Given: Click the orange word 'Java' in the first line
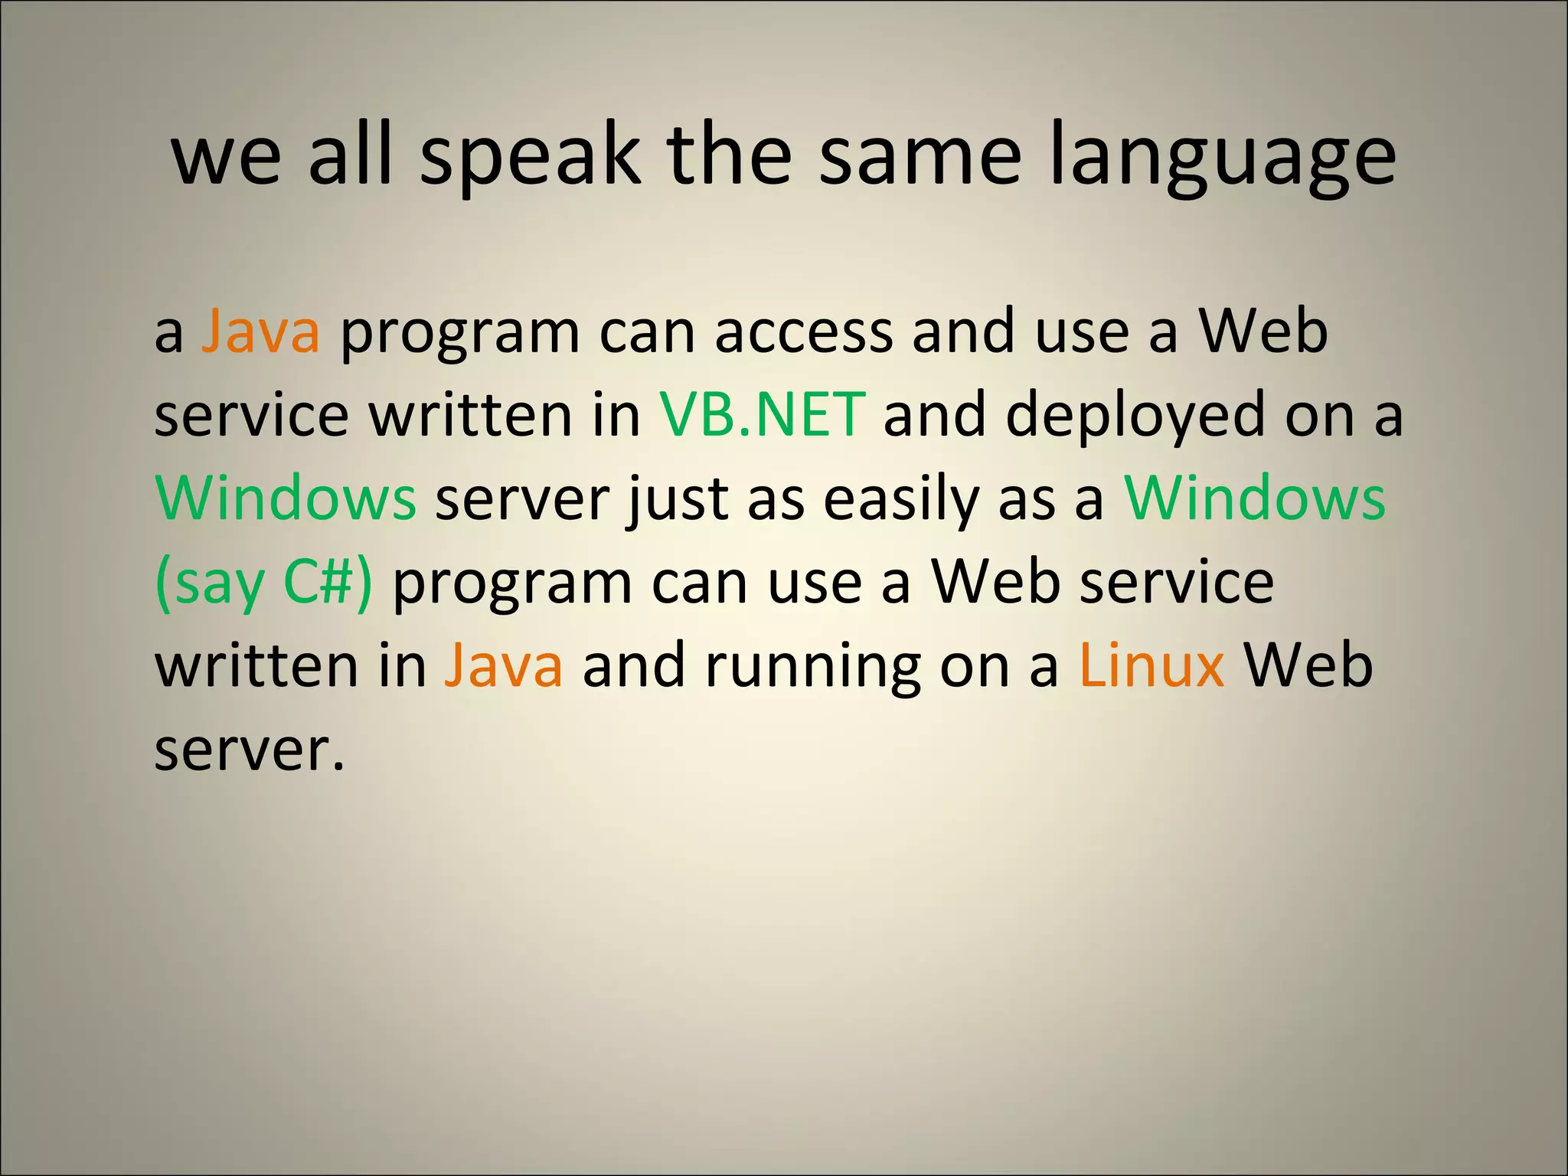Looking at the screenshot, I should (x=260, y=332).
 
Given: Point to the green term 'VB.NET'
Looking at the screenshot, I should (x=763, y=414).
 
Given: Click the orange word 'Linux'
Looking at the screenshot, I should (x=1151, y=665).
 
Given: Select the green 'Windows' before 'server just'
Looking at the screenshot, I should (x=286, y=498).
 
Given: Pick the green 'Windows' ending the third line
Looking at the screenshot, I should (x=1255, y=498).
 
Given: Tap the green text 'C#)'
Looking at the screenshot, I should (x=328, y=583).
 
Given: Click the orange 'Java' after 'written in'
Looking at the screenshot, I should (x=504, y=665).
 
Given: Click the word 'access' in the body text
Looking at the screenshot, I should (x=804, y=332).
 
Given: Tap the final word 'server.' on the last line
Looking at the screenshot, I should (x=250, y=750).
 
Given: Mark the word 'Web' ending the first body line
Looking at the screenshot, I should (x=1263, y=332).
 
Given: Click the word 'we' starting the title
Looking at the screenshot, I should (x=227, y=157).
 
